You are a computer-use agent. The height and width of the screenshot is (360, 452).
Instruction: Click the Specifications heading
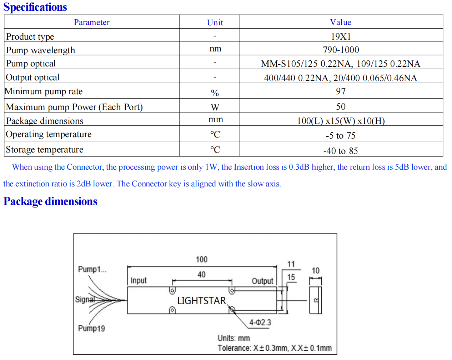pyautogui.click(x=35, y=7)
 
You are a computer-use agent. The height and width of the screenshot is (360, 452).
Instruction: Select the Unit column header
pyautogui.click(x=215, y=22)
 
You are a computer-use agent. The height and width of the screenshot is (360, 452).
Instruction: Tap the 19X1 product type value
pyautogui.click(x=341, y=36)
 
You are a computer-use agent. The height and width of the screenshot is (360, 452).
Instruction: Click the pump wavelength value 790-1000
pyautogui.click(x=341, y=50)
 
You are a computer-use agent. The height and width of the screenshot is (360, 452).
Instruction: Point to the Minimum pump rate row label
pyautogui.click(x=44, y=91)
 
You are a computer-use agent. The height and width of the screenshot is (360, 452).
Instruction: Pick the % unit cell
pyautogui.click(x=215, y=93)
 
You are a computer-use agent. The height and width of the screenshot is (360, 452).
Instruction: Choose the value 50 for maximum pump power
pyautogui.click(x=341, y=106)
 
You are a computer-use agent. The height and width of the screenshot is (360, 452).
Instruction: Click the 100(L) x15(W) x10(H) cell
pyautogui.click(x=341, y=121)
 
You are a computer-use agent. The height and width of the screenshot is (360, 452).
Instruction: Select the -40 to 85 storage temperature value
pyautogui.click(x=341, y=151)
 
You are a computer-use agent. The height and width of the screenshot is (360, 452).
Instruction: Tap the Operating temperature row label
pyautogui.click(x=49, y=134)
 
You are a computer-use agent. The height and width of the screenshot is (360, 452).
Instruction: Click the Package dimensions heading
pyautogui.click(x=50, y=201)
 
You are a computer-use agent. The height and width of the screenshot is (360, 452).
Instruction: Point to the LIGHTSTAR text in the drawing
pyautogui.click(x=201, y=300)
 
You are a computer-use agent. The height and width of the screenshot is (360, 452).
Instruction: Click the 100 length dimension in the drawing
pyautogui.click(x=201, y=259)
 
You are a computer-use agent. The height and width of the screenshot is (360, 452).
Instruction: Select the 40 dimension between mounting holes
pyautogui.click(x=201, y=275)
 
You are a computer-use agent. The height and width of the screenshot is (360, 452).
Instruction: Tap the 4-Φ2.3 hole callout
pyautogui.click(x=260, y=322)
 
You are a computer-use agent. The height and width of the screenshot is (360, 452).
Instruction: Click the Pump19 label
pyautogui.click(x=91, y=328)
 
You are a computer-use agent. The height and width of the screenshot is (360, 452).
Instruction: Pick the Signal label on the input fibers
pyautogui.click(x=85, y=300)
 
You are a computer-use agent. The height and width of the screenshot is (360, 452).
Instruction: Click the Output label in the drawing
pyautogui.click(x=262, y=281)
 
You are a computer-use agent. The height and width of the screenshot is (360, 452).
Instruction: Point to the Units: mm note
pyautogui.click(x=233, y=338)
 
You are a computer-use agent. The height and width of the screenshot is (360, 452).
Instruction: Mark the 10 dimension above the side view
pyautogui.click(x=316, y=270)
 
